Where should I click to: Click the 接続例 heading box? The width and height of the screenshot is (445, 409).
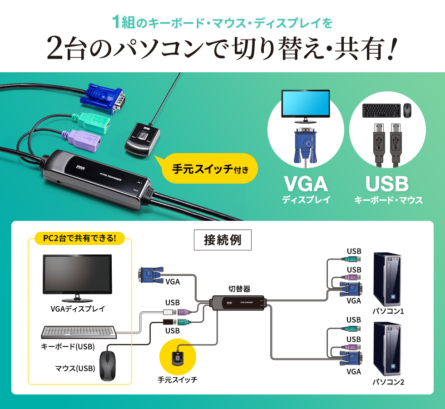[x=222, y=240]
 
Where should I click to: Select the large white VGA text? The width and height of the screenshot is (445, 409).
[x=306, y=184]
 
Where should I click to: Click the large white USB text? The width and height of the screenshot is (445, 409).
[x=387, y=184]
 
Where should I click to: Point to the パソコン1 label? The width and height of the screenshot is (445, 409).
[x=388, y=311]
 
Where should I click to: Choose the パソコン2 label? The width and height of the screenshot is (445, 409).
[x=388, y=382]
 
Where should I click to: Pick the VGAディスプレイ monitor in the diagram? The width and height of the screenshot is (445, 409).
[x=77, y=277]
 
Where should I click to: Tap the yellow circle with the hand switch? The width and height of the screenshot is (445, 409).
[x=178, y=357]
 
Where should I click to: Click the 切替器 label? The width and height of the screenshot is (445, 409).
[x=239, y=289]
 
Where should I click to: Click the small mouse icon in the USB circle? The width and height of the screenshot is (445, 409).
[x=408, y=109]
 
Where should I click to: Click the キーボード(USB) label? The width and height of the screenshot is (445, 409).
[x=68, y=347]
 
